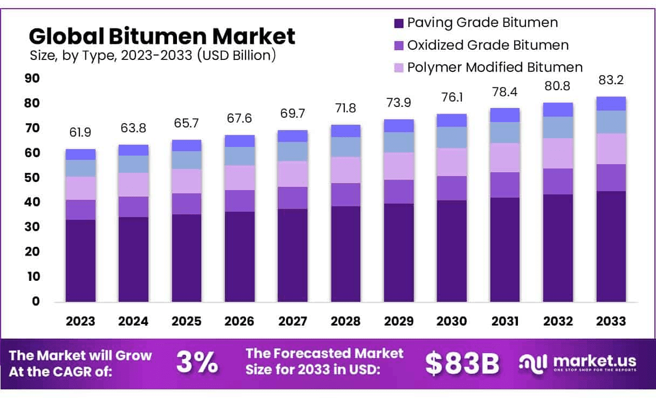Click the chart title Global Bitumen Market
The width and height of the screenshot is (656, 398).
162,36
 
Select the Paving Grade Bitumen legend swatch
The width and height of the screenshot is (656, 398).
399,23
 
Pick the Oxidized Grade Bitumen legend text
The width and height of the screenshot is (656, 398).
488,45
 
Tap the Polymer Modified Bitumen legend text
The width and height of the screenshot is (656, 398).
495,67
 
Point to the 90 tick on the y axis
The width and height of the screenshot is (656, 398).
32,78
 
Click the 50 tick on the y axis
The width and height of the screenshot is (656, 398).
32,178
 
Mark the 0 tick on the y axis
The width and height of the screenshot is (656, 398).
36,301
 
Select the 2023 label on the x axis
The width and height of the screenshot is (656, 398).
80,321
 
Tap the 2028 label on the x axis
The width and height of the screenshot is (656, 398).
346,321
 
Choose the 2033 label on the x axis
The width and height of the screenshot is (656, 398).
611,321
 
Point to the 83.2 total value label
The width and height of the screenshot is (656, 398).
611,80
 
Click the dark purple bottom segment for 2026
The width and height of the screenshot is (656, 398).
240,257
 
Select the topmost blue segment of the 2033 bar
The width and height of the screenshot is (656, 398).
611,104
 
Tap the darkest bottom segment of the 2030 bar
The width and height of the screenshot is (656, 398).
452,251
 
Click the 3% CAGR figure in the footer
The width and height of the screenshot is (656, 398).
197,363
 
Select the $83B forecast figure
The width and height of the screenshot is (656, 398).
462,363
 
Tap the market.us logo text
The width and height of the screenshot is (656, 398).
593,361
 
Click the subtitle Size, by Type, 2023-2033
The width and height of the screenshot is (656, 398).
152,55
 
